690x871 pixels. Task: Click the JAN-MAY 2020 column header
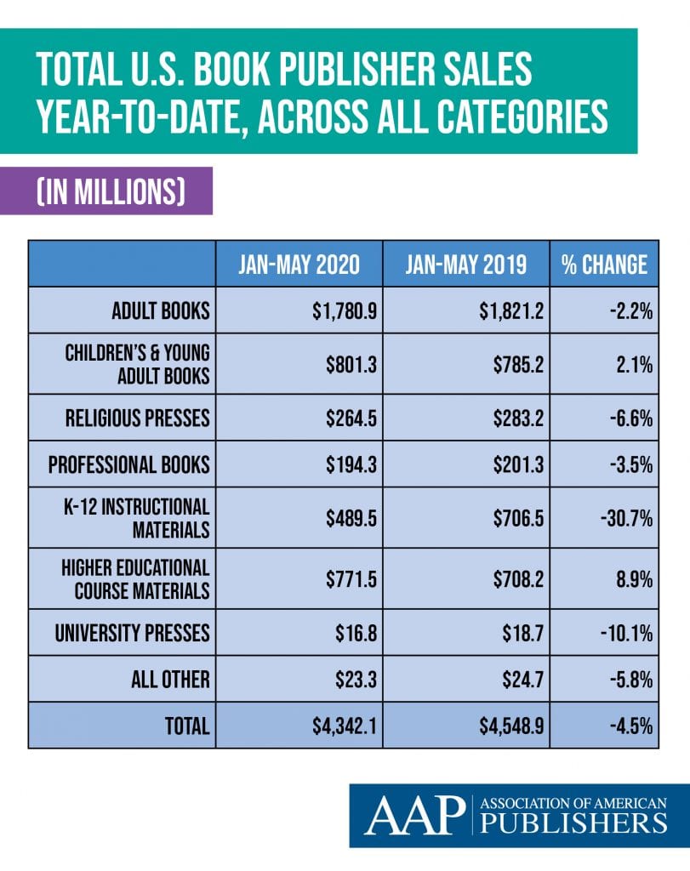click(299, 265)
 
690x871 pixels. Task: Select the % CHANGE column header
click(604, 265)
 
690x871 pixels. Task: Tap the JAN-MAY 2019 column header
click(466, 265)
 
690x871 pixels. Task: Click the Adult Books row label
click(160, 310)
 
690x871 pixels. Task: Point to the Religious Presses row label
click(137, 418)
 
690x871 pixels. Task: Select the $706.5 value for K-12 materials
click(505, 518)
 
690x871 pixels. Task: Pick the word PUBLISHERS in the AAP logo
click(573, 823)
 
